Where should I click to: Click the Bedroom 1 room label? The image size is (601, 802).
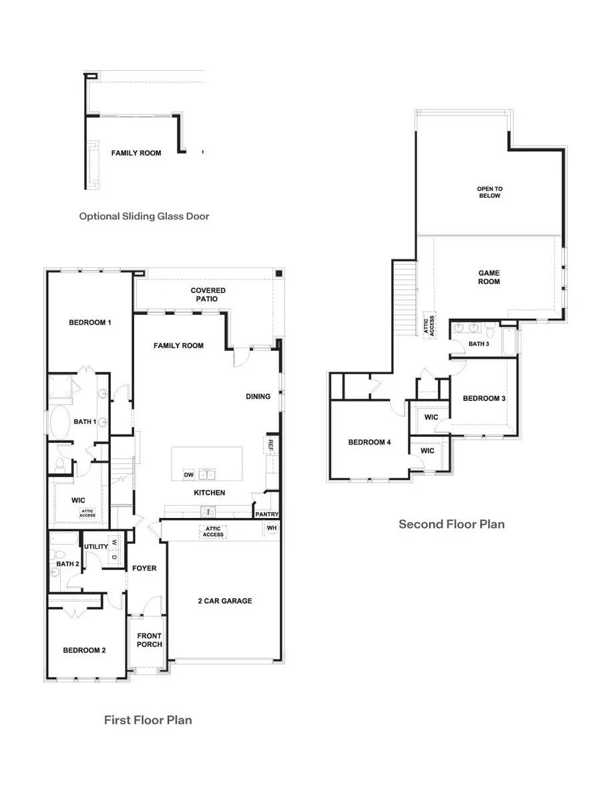click(x=89, y=323)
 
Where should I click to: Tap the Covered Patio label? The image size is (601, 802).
click(x=208, y=295)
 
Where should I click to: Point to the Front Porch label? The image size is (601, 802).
click(x=148, y=640)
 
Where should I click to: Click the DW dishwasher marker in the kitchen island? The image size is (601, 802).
click(x=188, y=475)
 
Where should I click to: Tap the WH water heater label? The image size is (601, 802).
click(x=272, y=528)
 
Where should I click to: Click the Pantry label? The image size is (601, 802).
click(x=266, y=514)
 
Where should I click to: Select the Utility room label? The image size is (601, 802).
click(x=95, y=547)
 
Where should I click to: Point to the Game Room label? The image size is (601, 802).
click(x=489, y=277)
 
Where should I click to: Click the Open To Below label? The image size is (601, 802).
click(x=489, y=192)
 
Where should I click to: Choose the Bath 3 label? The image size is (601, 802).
click(x=478, y=344)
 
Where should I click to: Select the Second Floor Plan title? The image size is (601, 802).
click(x=451, y=524)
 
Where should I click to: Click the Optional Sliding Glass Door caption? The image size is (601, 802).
click(x=144, y=217)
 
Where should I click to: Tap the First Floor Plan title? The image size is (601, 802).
click(x=148, y=720)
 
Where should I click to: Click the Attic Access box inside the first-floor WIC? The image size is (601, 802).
click(x=87, y=513)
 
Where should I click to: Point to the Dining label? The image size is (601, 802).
click(x=258, y=396)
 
